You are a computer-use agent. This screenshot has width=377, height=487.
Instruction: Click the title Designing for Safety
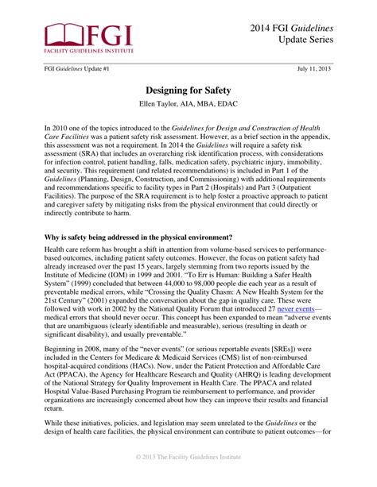[x=188, y=91]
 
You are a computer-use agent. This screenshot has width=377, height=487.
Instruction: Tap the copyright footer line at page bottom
[x=188, y=479]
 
